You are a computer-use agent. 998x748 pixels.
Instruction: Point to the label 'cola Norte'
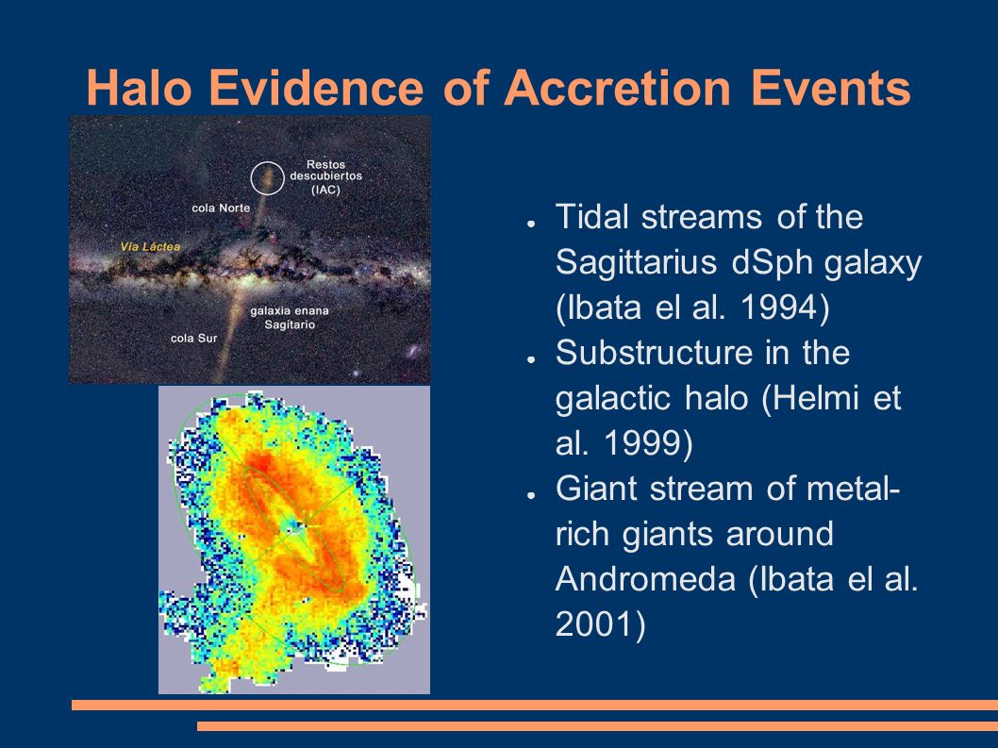coord(221,208)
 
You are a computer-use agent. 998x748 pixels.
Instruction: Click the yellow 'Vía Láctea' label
coord(150,246)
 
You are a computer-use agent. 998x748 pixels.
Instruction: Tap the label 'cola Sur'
coord(193,338)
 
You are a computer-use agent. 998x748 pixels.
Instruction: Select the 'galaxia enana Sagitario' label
coord(290,318)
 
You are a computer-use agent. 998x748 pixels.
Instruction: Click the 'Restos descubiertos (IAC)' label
coord(325,176)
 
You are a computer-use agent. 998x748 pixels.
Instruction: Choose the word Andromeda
coord(645,578)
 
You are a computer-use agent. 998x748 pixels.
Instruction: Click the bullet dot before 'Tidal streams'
coord(530,224)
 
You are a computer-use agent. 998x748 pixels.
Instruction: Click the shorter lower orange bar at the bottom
coord(598,725)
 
